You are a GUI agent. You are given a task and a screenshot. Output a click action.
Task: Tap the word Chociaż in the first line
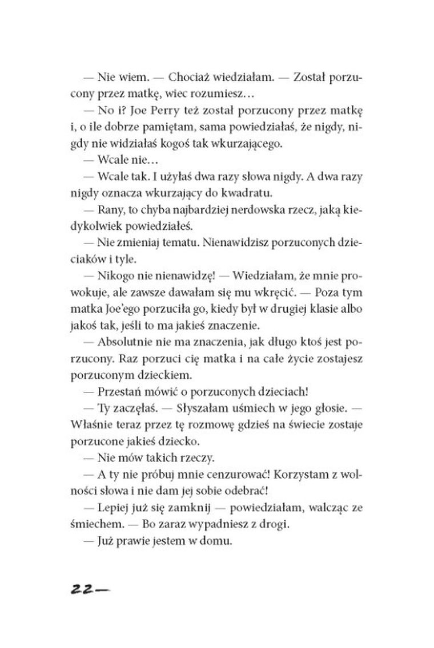point(161,78)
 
